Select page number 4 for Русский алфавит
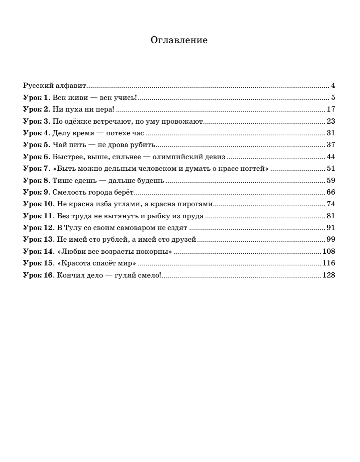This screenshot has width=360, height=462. click(333, 85)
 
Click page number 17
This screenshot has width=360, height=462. click(331, 109)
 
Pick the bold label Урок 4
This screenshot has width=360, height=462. click(36, 133)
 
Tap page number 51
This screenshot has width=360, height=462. click(331, 168)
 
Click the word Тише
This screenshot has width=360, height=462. click(60, 180)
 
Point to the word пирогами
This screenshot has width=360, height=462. click(197, 204)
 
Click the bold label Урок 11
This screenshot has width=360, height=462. click(38, 216)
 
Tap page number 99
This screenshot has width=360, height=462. click(331, 240)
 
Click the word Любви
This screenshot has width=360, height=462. click(71, 252)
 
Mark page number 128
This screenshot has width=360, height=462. click(329, 276)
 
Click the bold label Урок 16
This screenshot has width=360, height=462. click(38, 276)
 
